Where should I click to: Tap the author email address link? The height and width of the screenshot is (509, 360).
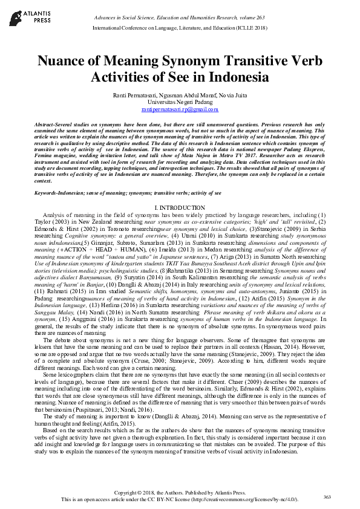pyautogui.click(x=180, y=110)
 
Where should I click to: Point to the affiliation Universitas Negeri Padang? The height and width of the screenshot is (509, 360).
pyautogui.click(x=180, y=103)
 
